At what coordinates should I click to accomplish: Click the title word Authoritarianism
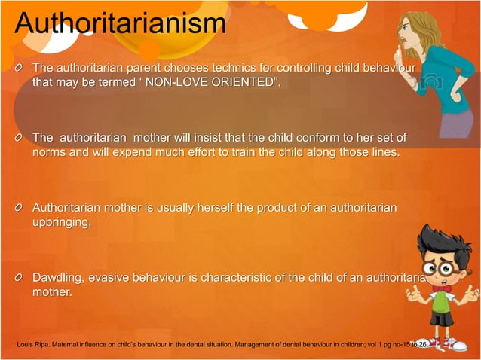(120, 23)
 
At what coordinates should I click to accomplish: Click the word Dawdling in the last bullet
(57, 278)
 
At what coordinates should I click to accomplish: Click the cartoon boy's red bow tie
(443, 288)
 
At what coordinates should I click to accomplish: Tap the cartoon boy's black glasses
(440, 266)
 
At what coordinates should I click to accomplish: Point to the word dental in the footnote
(181, 345)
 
